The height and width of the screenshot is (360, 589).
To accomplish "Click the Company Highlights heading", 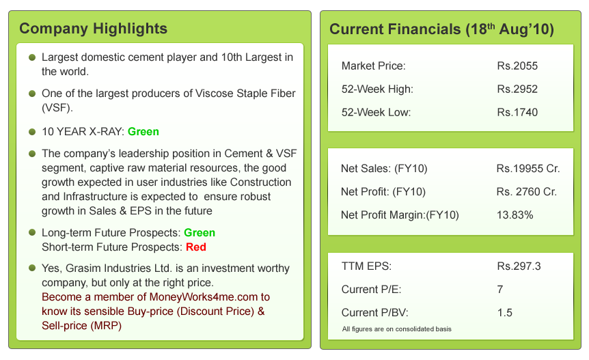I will point(93,29).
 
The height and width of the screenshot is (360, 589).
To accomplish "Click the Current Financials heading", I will point(441,29).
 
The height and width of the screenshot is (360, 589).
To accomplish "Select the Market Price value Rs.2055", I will point(517,66).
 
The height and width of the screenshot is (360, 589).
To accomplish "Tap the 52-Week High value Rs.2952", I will point(517,89).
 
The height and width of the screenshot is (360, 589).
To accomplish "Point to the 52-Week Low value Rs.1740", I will point(517,112).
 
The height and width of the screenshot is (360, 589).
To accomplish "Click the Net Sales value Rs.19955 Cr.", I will point(527,169).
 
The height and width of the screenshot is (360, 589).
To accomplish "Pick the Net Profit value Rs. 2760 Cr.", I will point(527,192).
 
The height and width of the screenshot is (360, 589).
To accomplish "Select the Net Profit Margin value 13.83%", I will point(515,215).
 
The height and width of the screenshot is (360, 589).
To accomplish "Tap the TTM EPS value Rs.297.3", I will point(519,266).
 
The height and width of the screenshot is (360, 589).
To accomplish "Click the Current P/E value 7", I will point(501,290).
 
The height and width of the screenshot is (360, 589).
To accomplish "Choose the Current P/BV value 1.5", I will point(505,312).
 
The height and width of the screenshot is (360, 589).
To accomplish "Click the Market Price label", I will point(373,66).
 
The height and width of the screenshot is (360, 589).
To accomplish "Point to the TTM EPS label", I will point(366,266).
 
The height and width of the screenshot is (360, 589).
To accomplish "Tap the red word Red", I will point(195,247).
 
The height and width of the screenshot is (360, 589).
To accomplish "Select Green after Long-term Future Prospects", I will point(200,233).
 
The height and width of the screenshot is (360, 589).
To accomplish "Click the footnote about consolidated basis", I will point(396,329).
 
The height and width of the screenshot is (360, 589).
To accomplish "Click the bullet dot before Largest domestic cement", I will point(32,58).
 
